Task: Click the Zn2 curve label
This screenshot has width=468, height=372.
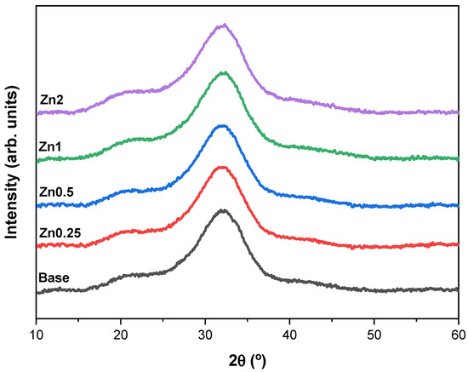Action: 53,99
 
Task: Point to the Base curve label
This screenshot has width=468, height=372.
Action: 54,278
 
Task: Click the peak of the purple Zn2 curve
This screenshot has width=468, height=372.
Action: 223,26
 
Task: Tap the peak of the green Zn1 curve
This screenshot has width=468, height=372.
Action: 224,73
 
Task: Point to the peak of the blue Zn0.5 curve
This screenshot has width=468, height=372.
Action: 223,126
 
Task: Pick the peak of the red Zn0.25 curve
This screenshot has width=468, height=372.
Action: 223,168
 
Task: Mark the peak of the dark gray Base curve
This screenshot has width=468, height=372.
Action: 223,210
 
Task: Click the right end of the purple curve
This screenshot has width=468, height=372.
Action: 458,112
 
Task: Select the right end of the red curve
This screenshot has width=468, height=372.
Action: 458,245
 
